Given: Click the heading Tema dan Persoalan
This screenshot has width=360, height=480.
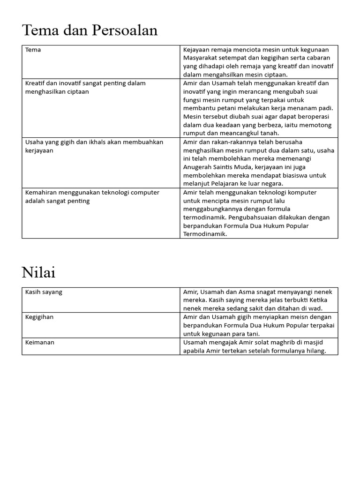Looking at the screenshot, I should pos(90,30).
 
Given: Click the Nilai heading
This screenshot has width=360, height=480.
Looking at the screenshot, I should pos(38,272).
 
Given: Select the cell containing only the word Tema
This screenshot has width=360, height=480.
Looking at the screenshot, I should pos(33,50).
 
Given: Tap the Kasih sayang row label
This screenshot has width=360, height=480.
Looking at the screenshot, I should pos(44,292).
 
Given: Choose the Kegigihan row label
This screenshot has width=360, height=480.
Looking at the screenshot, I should pos(39,317).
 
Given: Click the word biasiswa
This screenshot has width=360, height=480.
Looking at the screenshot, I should pos(297,175).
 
